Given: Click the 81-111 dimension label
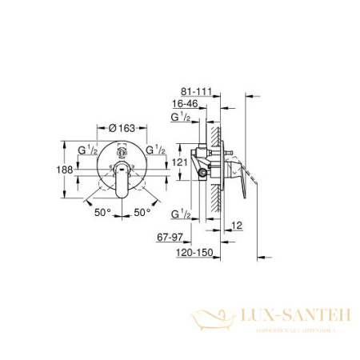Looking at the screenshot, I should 196,94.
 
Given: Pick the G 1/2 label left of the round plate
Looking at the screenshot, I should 86,149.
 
